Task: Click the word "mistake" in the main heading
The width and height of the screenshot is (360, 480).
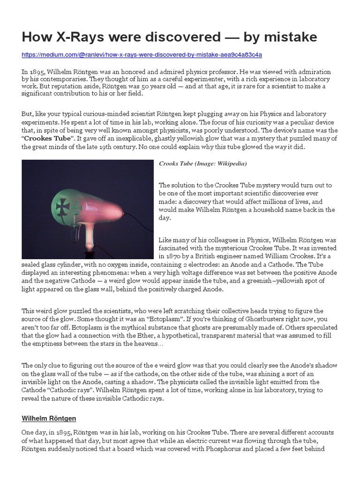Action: click(290, 37)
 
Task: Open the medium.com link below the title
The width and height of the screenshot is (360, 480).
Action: click(142, 55)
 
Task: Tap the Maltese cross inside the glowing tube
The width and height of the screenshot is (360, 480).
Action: click(62, 205)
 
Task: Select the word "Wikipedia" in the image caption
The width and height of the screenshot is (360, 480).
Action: click(230, 164)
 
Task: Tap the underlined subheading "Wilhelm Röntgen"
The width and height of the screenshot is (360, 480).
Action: click(49, 418)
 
